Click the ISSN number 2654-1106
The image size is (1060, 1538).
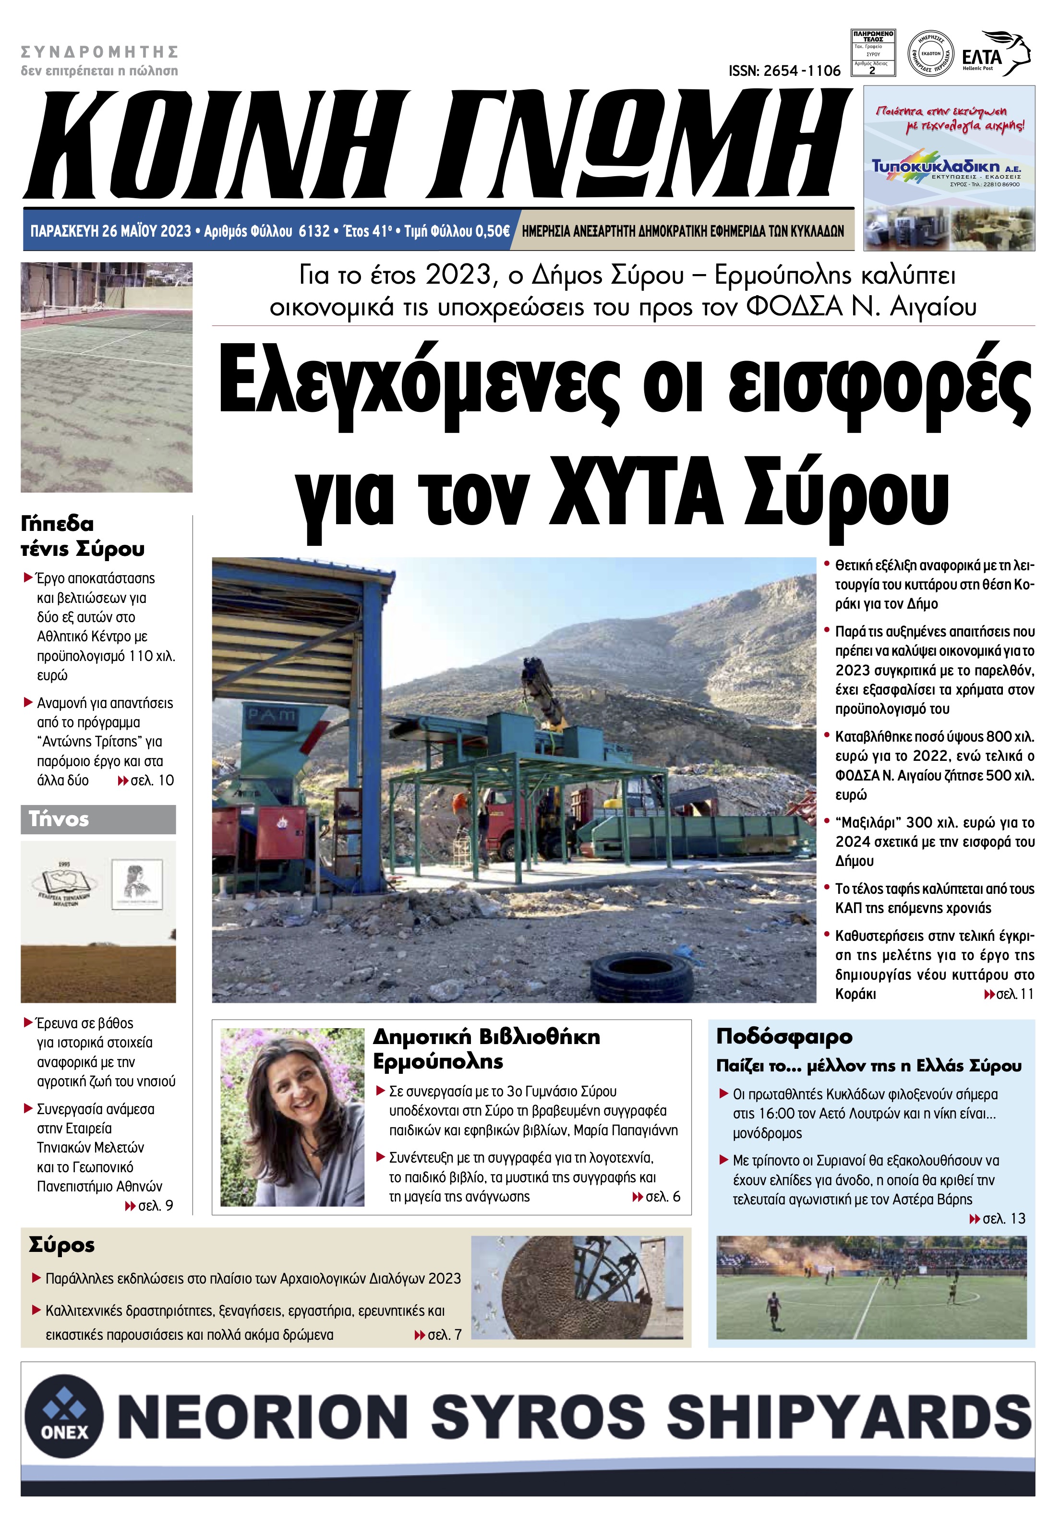click(x=783, y=71)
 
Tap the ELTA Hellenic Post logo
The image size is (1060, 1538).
click(x=995, y=54)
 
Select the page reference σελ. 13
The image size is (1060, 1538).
click(x=998, y=1219)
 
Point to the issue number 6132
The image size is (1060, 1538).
click(x=314, y=231)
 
